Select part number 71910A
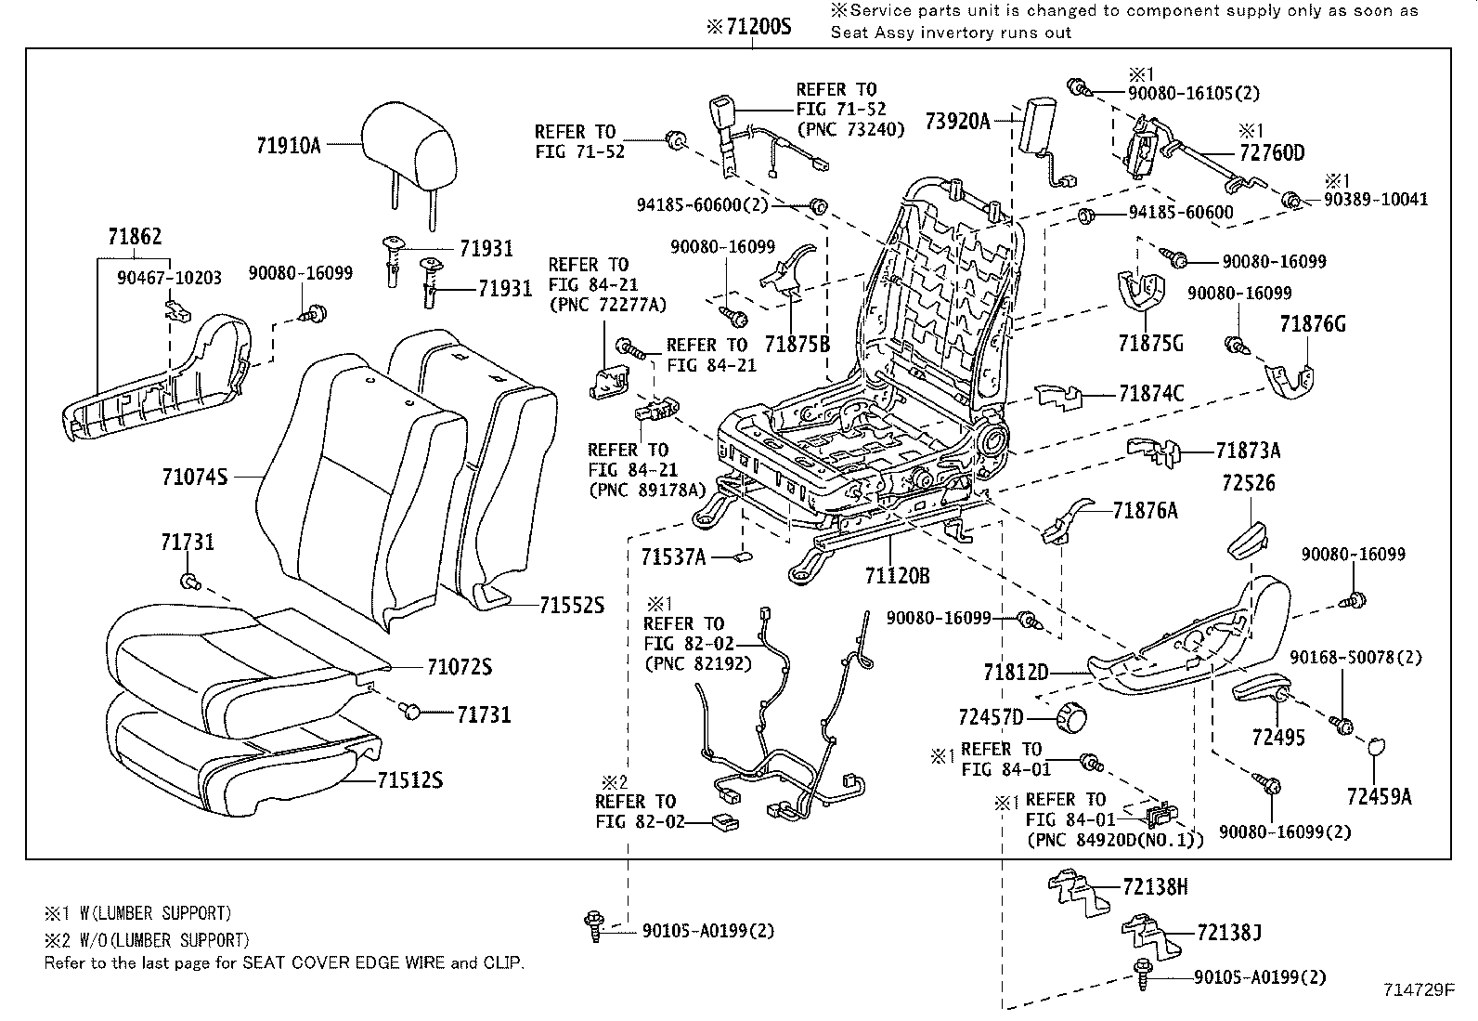click(x=288, y=145)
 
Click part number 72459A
click(x=1379, y=795)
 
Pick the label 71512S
click(x=409, y=780)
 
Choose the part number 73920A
click(x=957, y=121)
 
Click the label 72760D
click(x=1271, y=153)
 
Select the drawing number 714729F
click(x=1417, y=990)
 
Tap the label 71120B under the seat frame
click(x=897, y=576)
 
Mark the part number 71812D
click(x=1016, y=671)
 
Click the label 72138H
click(x=1154, y=887)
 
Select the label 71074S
click(x=194, y=477)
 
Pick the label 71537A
click(x=673, y=557)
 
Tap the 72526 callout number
click(x=1249, y=483)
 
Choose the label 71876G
click(x=1312, y=324)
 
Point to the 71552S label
click(x=572, y=605)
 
